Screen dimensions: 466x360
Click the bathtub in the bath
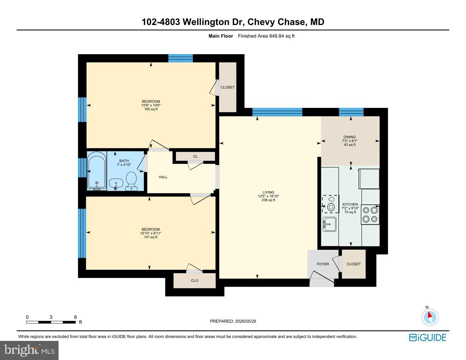click(x=97, y=171)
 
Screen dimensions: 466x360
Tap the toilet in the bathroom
click(x=131, y=181)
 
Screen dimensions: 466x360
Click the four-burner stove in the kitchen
click(x=370, y=215)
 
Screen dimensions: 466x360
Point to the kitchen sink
click(x=329, y=224)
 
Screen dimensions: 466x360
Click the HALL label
click(x=163, y=177)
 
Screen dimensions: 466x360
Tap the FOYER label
click(x=323, y=264)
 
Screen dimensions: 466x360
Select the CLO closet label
click(x=194, y=281)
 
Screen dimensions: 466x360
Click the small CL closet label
click(x=195, y=156)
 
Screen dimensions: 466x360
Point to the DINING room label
click(x=349, y=137)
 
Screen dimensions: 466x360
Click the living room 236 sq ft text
click(x=268, y=200)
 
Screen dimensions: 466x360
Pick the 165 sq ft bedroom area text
click(x=151, y=109)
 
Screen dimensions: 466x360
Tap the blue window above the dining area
click(x=351, y=112)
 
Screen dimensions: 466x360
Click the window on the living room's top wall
click(x=277, y=112)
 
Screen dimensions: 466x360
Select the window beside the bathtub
click(x=82, y=168)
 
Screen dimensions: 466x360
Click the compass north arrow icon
click(x=430, y=317)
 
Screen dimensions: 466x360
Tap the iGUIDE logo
click(x=427, y=338)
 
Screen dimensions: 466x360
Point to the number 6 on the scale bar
click(x=75, y=317)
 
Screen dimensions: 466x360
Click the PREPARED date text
click(x=233, y=321)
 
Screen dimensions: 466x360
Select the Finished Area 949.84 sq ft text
click(x=266, y=36)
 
